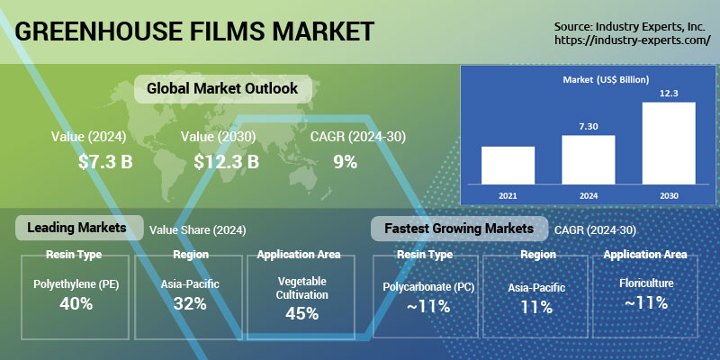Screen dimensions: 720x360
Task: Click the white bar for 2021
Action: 508,166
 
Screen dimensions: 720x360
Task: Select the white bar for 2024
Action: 589,160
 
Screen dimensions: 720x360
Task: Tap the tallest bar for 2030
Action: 669,143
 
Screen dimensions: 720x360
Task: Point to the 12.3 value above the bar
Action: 669,94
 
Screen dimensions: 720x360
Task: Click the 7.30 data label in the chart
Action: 589,127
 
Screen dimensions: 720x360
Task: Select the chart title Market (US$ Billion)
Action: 606,79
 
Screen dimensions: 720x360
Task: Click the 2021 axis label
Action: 508,195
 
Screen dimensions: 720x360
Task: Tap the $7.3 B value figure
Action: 105,162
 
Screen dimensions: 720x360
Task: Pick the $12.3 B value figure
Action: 227,162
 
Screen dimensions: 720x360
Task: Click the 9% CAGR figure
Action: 346,162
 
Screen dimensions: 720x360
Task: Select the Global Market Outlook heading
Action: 222,88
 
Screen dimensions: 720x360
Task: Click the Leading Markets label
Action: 76,228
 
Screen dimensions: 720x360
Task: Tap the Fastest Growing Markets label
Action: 459,229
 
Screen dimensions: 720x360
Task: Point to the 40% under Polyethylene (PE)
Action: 76,303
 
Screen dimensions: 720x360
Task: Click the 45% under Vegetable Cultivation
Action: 301,313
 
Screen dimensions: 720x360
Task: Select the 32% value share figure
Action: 190,303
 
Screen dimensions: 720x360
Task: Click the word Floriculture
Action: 646,283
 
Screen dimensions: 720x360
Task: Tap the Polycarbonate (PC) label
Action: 428,287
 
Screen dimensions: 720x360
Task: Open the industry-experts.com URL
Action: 633,40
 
